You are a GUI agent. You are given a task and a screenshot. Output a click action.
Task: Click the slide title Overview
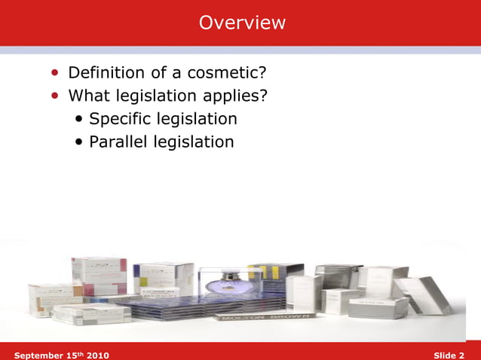point(242,23)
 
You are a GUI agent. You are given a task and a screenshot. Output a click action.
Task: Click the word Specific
point(119,119)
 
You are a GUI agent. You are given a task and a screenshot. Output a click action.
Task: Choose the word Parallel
point(119,142)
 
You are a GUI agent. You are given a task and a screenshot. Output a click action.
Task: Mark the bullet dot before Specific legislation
point(80,120)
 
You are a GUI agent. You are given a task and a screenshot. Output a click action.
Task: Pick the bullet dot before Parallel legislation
point(80,142)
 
